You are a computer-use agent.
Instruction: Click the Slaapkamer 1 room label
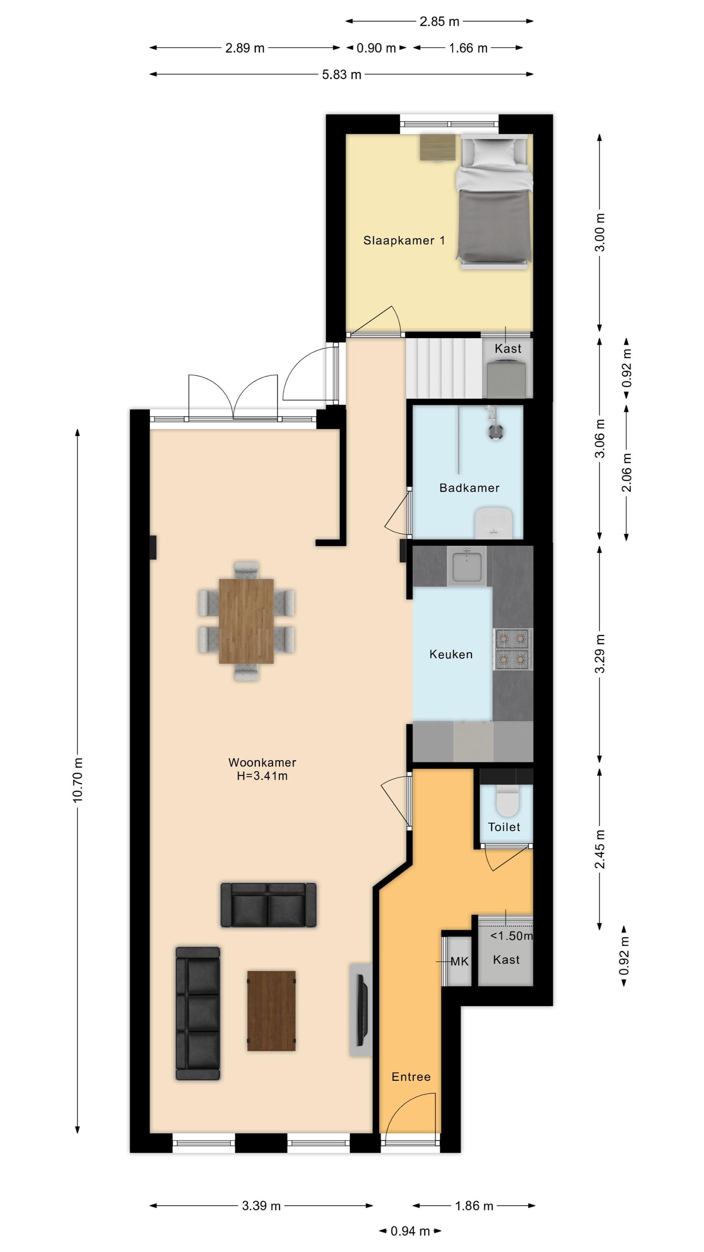[404, 240]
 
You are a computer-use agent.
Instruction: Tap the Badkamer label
[469, 488]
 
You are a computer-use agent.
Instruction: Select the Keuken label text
[451, 655]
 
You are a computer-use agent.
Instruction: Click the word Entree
[411, 1077]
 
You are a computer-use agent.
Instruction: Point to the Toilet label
[504, 827]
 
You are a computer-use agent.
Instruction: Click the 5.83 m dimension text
[342, 75]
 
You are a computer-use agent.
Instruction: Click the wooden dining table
[246, 621]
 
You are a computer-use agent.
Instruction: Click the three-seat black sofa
[198, 1013]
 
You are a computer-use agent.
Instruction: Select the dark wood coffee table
[271, 1011]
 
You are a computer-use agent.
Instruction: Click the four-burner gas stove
[513, 649]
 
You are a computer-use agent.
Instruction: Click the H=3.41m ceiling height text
[262, 776]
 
